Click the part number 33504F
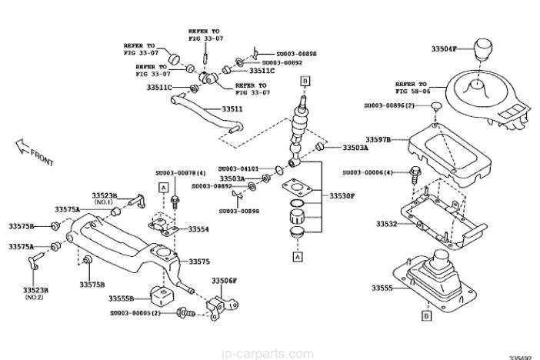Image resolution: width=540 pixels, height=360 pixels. [x=445, y=48]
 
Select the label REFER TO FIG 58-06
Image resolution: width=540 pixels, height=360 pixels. [x=411, y=87]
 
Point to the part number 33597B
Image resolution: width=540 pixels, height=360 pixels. [x=378, y=139]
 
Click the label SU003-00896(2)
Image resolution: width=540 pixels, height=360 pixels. [x=390, y=105]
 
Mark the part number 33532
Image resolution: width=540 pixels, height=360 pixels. [x=386, y=224]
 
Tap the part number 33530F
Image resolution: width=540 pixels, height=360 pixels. [x=343, y=196]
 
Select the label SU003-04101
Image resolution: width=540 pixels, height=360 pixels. [x=238, y=168]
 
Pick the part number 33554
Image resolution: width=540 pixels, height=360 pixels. [x=199, y=228]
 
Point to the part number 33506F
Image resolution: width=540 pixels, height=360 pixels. [x=225, y=281]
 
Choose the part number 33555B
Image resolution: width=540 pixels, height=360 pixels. [x=122, y=298]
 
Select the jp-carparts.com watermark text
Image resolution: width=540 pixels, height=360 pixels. [x=270, y=354]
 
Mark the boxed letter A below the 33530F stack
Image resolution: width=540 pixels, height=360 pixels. [x=296, y=258]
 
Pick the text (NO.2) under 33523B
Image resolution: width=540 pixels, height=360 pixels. [x=35, y=297]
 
